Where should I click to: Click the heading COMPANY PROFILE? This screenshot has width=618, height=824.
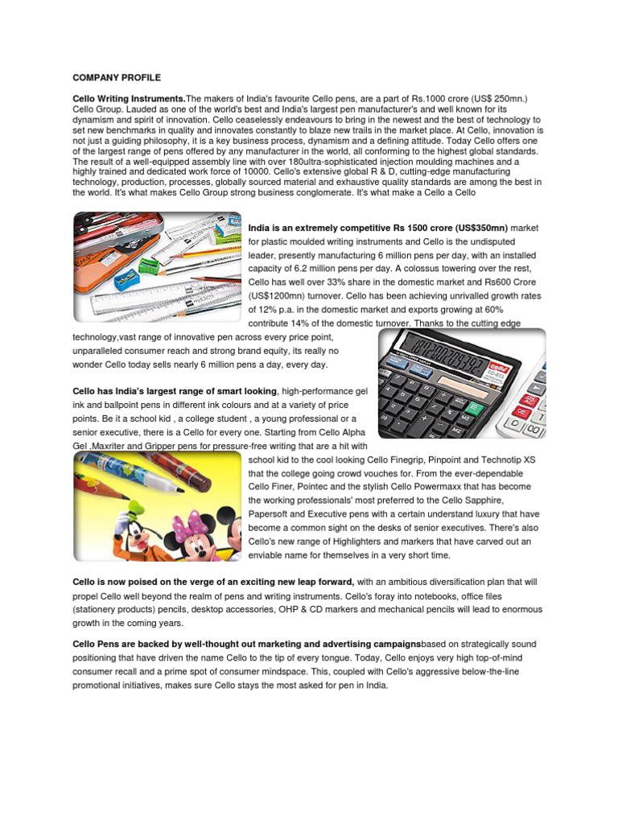click(117, 77)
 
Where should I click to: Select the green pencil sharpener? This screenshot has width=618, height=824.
click(148, 266)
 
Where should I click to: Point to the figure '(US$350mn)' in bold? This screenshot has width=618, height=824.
click(479, 228)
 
